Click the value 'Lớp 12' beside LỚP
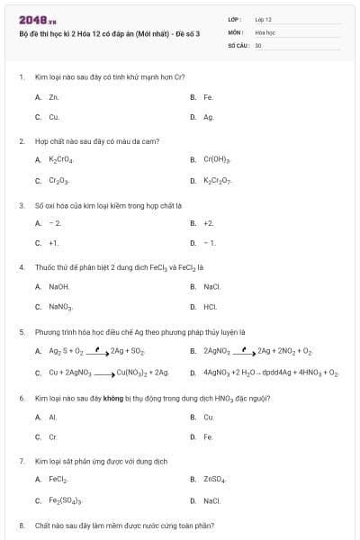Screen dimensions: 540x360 (x=263, y=19)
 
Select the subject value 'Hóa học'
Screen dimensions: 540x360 (x=265, y=31)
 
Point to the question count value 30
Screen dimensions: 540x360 (x=258, y=44)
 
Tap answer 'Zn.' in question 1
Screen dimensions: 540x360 (x=54, y=96)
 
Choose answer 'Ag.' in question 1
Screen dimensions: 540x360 (x=209, y=117)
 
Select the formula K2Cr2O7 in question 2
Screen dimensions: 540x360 (x=218, y=180)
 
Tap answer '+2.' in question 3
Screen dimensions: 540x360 (x=209, y=222)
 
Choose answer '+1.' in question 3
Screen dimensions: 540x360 (x=54, y=243)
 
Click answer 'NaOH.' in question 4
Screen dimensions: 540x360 (x=58, y=286)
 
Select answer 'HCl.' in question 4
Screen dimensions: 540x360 (x=210, y=307)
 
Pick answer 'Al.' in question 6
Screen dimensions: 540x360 (x=53, y=417)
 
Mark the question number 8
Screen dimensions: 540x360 (x=22, y=525)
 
